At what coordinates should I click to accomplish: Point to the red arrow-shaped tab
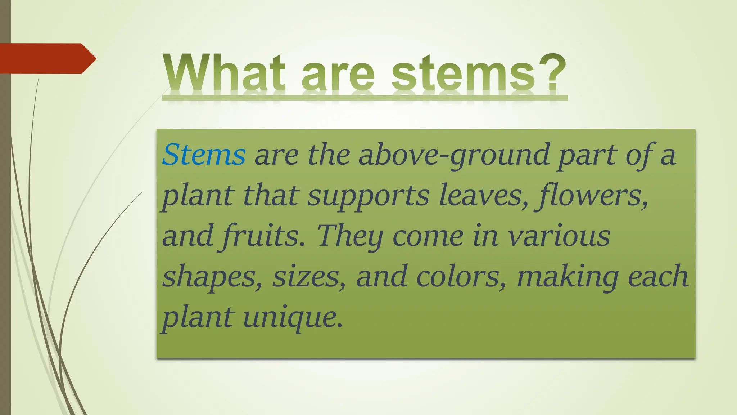(47, 59)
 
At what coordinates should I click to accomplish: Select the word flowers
(592, 196)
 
